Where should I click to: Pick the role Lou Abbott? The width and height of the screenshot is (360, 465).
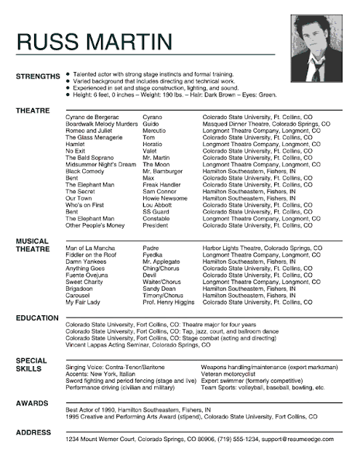pos(159,205)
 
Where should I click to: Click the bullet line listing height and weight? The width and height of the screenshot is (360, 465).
pos(175,95)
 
